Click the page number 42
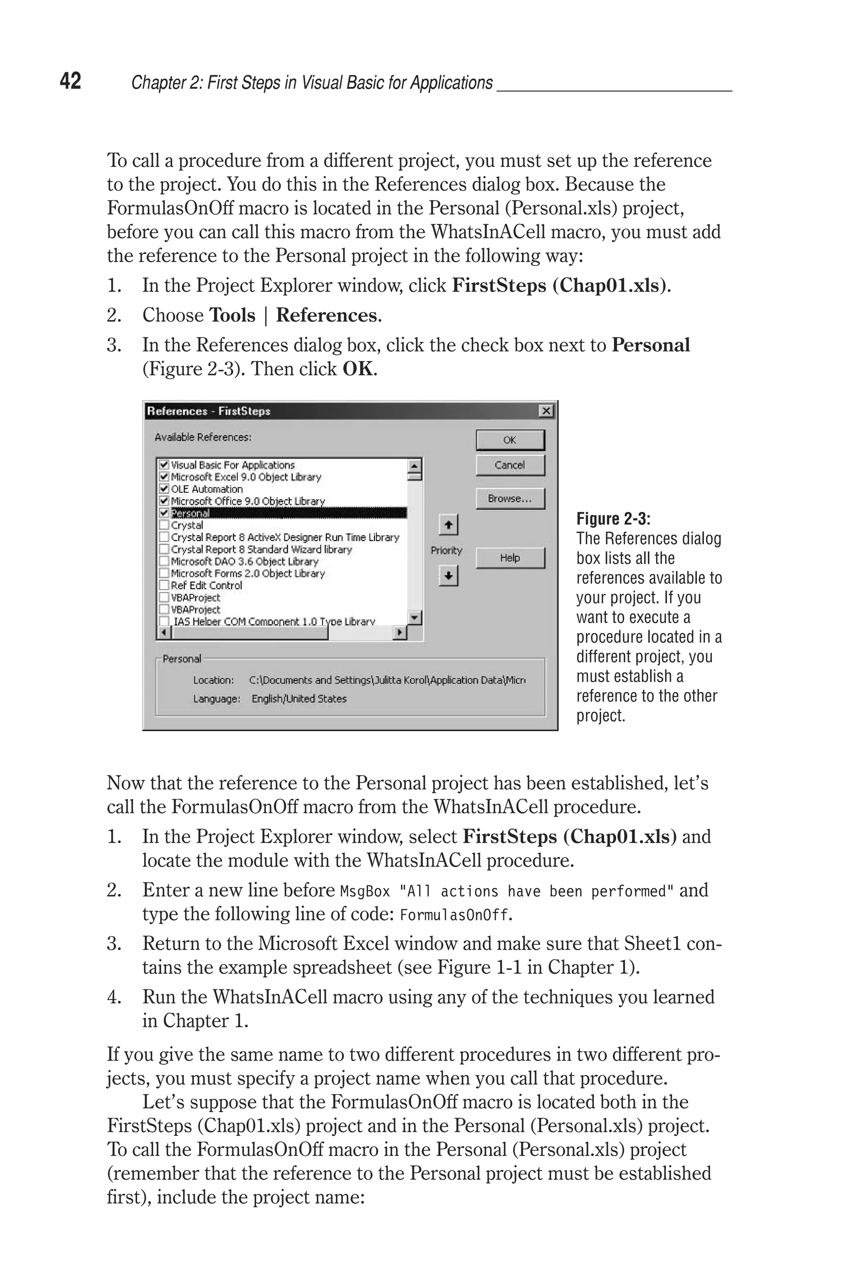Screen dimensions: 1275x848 pos(70,81)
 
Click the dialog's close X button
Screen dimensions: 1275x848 pos(546,411)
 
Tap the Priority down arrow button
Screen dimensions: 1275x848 pos(448,576)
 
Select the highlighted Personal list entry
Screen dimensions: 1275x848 pos(190,513)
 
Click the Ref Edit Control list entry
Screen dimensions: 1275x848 pos(206,586)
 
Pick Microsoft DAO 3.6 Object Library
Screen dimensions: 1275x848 pos(244,561)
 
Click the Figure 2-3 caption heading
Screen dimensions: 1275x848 pos(613,519)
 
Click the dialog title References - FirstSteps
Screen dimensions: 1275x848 pos(209,411)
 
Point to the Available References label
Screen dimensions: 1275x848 pos(203,437)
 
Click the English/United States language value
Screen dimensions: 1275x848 pos(299,699)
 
